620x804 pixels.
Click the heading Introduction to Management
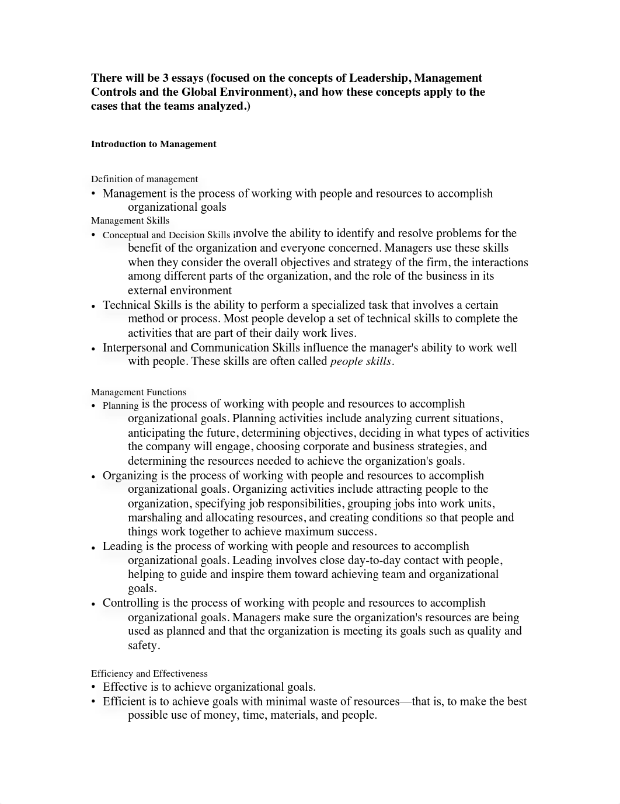[154, 144]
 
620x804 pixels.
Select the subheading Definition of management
[144, 179]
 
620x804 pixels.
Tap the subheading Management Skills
[130, 221]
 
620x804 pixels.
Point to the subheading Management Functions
[138, 392]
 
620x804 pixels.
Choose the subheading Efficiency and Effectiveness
[149, 674]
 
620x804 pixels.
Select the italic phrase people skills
[361, 361]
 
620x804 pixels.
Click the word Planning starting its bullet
[120, 405]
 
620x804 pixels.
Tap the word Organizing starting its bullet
[130, 476]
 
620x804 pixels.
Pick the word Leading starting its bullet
[122, 547]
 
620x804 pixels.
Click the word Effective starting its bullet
[125, 687]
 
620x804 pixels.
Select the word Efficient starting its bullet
[125, 702]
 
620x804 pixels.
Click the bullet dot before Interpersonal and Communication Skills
[93, 349]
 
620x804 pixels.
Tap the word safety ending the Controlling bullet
[142, 646]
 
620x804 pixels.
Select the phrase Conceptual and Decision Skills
[166, 235]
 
